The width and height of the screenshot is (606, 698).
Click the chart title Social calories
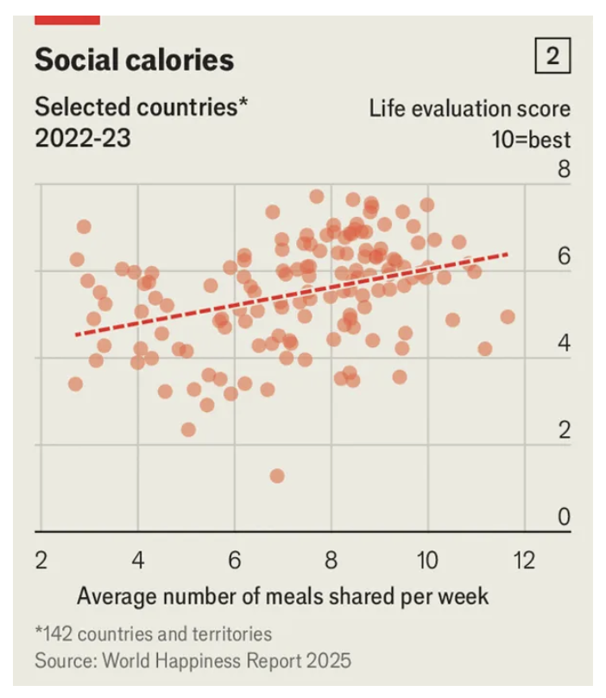point(134,59)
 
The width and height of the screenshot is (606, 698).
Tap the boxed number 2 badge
point(552,57)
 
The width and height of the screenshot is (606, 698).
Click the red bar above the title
point(67,19)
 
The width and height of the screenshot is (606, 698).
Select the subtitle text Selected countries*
point(141,108)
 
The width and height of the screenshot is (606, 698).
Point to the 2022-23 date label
point(83,137)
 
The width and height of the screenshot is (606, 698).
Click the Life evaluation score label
point(470,110)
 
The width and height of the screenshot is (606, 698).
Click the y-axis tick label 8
point(564,168)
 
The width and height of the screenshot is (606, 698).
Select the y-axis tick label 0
point(564,517)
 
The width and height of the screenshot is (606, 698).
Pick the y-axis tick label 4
point(564,343)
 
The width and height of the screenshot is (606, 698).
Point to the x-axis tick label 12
point(523,560)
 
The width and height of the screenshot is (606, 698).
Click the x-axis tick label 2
point(41,560)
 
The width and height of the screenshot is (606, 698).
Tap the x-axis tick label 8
point(331,560)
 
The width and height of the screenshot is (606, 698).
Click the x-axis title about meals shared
point(282,595)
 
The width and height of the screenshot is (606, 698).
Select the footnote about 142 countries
point(154,634)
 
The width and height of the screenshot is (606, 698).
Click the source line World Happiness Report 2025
point(193,661)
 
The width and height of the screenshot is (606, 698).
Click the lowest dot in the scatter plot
point(277,476)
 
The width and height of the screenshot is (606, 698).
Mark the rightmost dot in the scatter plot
point(508,317)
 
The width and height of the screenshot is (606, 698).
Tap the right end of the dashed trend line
point(507,254)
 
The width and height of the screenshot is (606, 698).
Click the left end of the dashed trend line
point(76,334)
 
